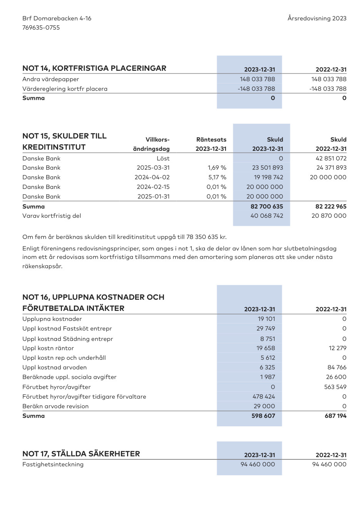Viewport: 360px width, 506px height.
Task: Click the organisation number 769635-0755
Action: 41,28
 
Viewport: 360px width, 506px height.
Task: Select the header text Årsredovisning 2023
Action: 317,18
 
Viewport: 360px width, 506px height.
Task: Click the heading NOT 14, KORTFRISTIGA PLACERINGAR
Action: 94,68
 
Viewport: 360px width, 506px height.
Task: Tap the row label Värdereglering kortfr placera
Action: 65,89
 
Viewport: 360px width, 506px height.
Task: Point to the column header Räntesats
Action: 211,140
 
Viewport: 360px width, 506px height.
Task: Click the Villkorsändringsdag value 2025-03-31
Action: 153,168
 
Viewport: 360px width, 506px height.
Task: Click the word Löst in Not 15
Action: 163,159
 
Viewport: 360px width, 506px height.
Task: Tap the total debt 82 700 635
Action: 266,207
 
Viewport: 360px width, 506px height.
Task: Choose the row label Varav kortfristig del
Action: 52,216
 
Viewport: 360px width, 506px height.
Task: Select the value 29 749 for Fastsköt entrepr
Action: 266,329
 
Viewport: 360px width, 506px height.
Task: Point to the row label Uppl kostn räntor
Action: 48,348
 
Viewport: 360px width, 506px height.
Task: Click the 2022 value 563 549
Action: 335,387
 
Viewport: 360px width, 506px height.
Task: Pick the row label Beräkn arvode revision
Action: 55,406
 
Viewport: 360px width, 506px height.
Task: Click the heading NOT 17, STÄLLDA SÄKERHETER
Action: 81,454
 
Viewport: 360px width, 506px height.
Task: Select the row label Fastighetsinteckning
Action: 53,464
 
